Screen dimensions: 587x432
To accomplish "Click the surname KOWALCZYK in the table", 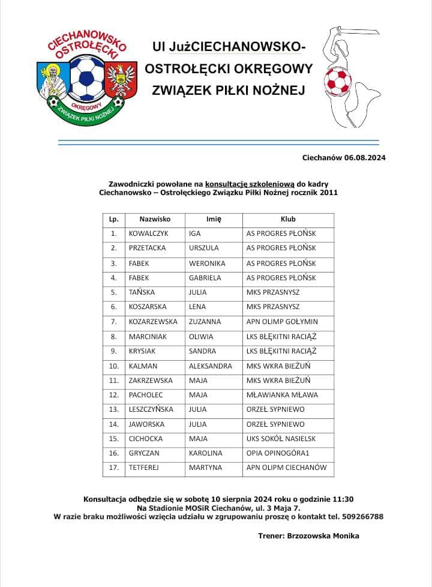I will (146, 233).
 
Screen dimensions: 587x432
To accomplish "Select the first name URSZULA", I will (204, 248).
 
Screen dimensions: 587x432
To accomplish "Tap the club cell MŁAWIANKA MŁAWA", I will (282, 395).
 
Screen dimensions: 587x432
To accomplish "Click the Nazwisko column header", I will (155, 219).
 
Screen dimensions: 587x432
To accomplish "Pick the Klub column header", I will (288, 219).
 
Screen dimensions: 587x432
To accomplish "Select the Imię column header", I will (214, 219).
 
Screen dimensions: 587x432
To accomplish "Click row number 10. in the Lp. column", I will (113, 366).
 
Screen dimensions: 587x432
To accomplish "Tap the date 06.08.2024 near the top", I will (365, 158).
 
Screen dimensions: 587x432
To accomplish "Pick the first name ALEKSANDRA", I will (210, 366).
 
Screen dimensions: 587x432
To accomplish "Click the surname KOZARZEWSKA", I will (154, 322).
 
